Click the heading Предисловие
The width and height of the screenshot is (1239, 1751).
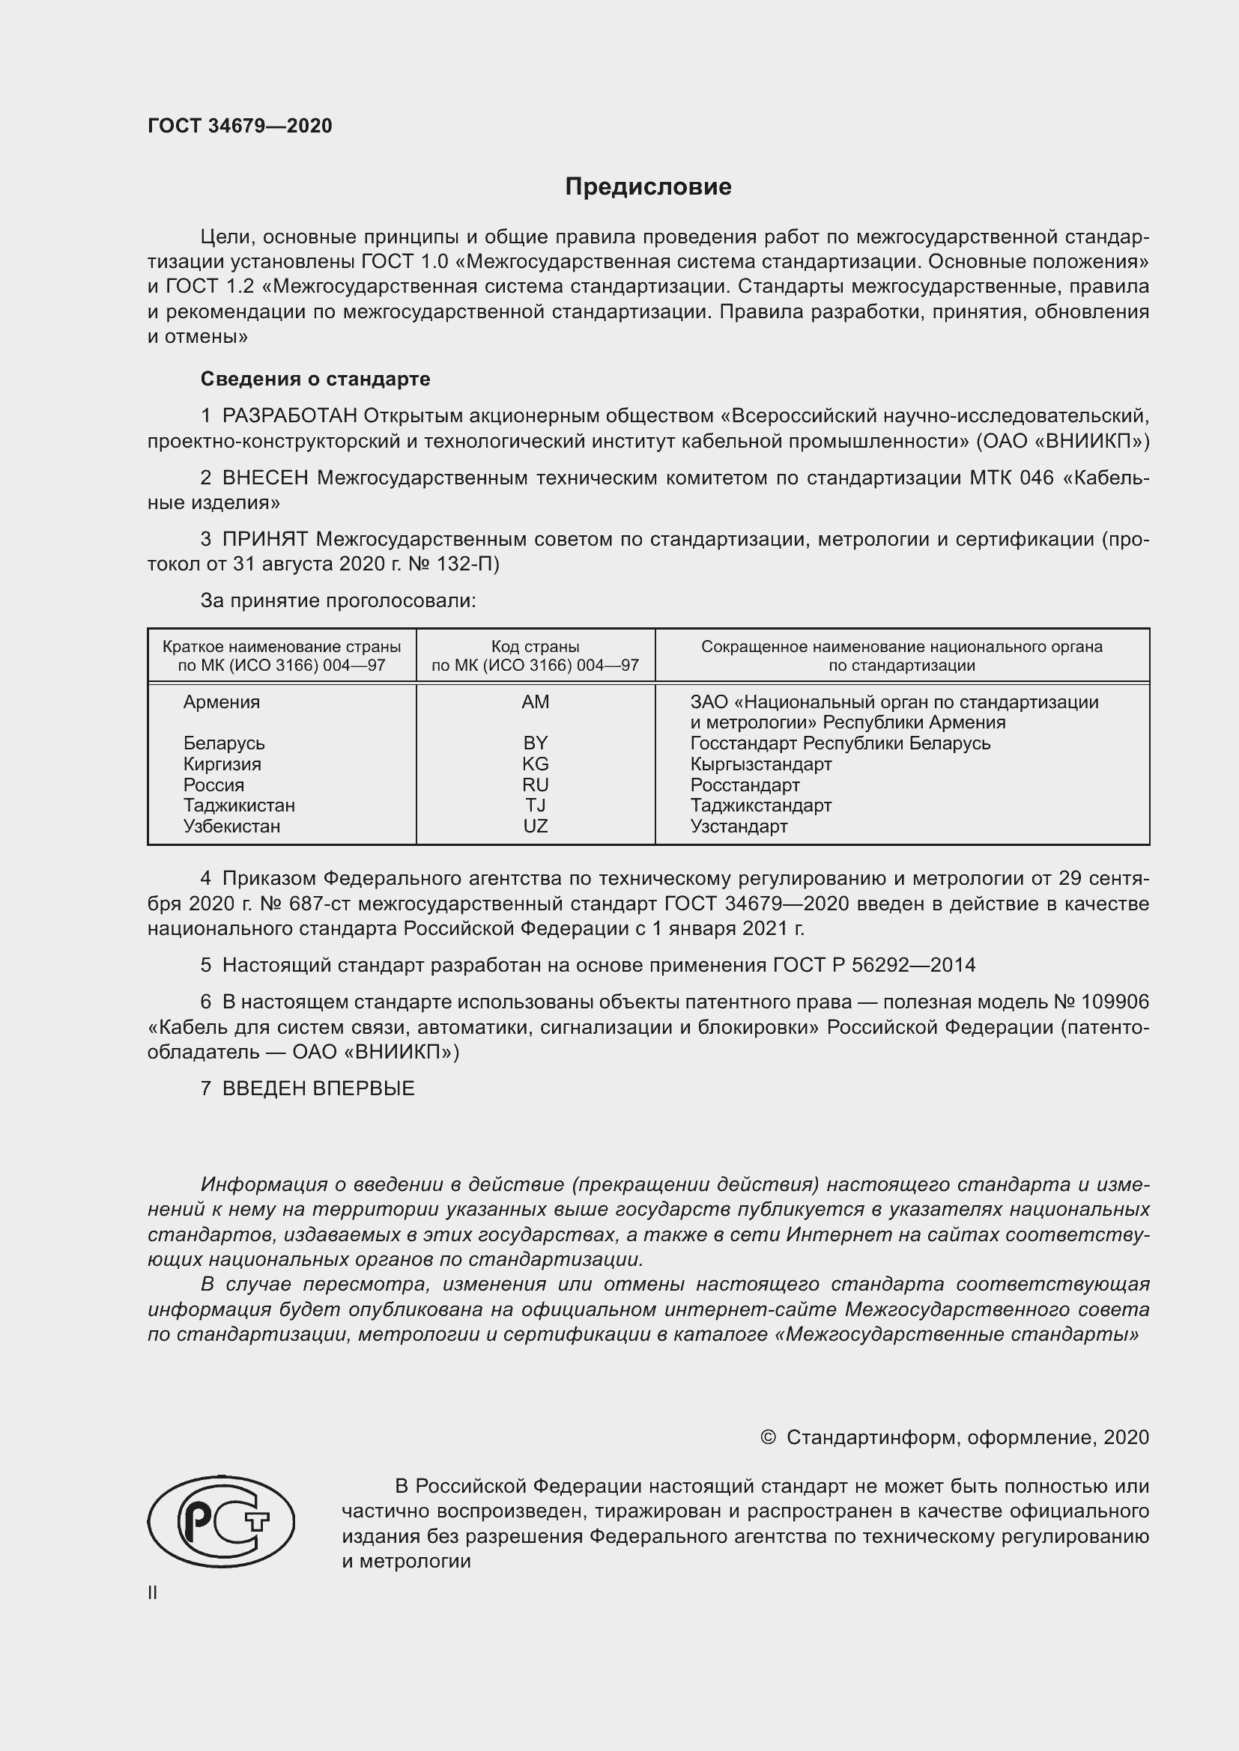click(x=648, y=187)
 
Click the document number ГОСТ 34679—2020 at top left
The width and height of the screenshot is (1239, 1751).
click(x=240, y=126)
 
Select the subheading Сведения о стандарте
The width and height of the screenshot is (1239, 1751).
click(x=315, y=379)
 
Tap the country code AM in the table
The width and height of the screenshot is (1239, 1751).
click(x=535, y=701)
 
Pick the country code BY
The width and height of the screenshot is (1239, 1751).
click(x=535, y=743)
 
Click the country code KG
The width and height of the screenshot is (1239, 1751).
click(x=535, y=764)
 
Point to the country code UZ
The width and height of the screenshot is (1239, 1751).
click(x=535, y=826)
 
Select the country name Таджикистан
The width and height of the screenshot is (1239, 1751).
click(x=239, y=806)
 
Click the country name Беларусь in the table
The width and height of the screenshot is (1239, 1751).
click(x=223, y=743)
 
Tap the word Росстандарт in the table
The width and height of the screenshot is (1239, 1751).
click(x=745, y=785)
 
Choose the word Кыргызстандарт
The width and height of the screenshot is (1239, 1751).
click(x=760, y=764)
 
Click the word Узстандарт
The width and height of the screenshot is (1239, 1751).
click(x=739, y=826)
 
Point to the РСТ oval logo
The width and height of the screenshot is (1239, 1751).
click(x=221, y=1521)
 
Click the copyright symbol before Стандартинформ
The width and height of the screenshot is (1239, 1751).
click(x=768, y=1437)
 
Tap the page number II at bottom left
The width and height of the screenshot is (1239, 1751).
click(x=153, y=1592)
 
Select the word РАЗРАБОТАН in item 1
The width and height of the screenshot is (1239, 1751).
click(x=289, y=415)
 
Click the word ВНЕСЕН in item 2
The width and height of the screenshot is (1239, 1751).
click(x=264, y=478)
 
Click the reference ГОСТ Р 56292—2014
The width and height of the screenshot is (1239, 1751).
click(x=873, y=965)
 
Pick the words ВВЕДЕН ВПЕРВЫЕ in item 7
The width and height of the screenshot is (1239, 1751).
click(x=318, y=1088)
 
